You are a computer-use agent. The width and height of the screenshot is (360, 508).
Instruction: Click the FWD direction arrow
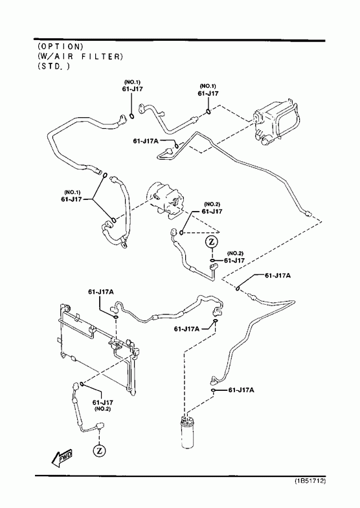[x=62, y=458]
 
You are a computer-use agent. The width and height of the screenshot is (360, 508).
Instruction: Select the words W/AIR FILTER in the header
[x=80, y=56]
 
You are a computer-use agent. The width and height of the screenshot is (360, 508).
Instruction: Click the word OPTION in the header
[x=61, y=47]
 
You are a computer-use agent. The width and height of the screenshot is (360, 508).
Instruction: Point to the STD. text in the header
[x=54, y=66]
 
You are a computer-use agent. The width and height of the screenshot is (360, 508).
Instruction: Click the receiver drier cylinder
[x=187, y=432]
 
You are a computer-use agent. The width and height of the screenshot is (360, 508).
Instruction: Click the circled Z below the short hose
[x=100, y=450]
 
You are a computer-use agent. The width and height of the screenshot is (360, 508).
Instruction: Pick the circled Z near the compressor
[x=212, y=241]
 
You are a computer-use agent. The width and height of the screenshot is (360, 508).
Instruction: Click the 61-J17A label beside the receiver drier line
[x=241, y=390]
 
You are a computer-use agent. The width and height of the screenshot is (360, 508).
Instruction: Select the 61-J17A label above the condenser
[x=101, y=292]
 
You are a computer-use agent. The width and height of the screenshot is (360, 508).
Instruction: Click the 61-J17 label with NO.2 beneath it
[x=103, y=403]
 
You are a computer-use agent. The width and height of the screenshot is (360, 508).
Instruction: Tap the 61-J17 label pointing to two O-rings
[x=71, y=199]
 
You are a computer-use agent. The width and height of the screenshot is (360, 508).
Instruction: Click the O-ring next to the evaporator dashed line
[x=208, y=112]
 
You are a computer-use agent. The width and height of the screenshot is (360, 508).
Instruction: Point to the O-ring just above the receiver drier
[x=213, y=390]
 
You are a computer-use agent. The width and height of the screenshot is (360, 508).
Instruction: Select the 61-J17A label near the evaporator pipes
[x=146, y=141]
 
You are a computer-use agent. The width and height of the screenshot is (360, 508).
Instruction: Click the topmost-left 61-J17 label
[x=133, y=89]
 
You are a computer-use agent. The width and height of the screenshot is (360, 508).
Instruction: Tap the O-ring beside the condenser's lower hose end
[x=82, y=384]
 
